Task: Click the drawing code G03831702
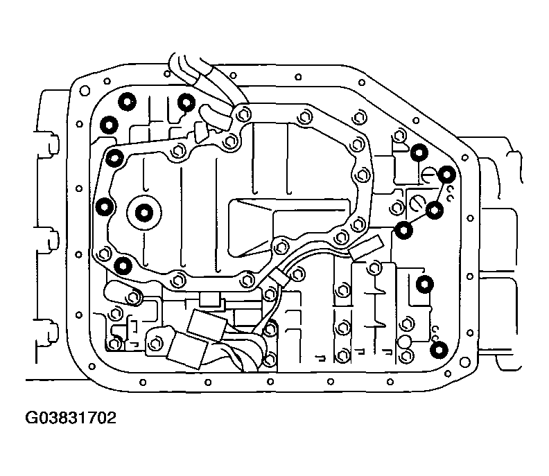(71, 418)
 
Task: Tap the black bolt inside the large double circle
(144, 213)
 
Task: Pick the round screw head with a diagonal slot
(418, 203)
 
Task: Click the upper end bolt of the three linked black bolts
(447, 175)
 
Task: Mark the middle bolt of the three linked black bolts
(435, 211)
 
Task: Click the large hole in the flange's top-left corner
(85, 91)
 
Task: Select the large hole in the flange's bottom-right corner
(465, 362)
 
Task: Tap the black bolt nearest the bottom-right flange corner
(439, 350)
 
